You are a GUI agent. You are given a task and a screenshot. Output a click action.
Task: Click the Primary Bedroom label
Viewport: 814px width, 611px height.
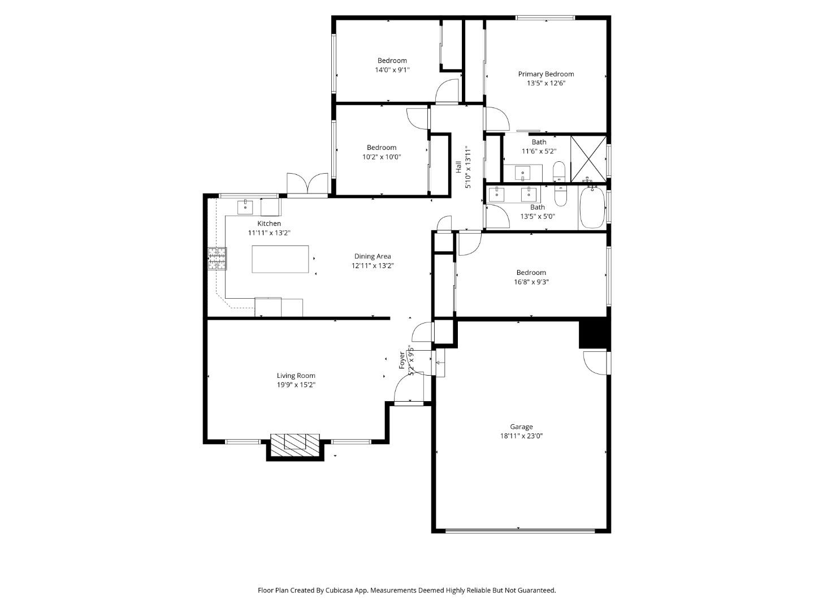(x=545, y=74)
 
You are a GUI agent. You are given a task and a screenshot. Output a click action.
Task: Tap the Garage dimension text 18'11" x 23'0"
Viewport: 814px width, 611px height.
(x=521, y=436)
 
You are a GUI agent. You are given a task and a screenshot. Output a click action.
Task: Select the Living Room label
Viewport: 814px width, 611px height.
(x=296, y=376)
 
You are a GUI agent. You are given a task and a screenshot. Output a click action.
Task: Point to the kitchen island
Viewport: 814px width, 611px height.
(x=280, y=259)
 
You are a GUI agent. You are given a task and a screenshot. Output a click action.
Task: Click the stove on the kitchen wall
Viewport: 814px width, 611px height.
(x=217, y=259)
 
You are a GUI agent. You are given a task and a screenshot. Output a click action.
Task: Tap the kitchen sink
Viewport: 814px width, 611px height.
(x=245, y=206)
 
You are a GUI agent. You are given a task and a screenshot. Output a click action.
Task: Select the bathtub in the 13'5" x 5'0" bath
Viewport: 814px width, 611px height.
(x=592, y=208)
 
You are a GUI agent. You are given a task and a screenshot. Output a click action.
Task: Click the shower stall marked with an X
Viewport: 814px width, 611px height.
(x=588, y=158)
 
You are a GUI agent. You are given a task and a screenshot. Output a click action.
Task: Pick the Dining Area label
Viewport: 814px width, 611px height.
(x=372, y=256)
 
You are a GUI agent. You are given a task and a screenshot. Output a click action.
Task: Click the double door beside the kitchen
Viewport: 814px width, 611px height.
(x=307, y=185)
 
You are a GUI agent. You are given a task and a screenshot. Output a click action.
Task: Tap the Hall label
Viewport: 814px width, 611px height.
(x=458, y=168)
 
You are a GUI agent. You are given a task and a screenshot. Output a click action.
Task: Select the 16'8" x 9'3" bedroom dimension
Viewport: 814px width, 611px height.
(x=531, y=282)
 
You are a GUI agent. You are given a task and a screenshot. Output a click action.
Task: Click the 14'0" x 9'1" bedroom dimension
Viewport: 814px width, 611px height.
(x=392, y=70)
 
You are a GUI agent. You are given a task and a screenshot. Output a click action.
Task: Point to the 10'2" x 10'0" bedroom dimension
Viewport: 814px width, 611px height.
(x=381, y=157)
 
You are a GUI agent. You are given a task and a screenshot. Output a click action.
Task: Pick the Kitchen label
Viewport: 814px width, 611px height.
(x=269, y=223)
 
